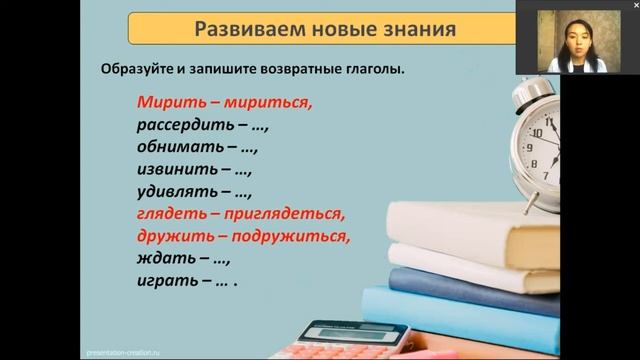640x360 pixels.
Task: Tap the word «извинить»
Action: coord(171,169)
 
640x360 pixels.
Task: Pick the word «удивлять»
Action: coord(171,192)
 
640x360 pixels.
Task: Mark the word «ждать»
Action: coord(160,259)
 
